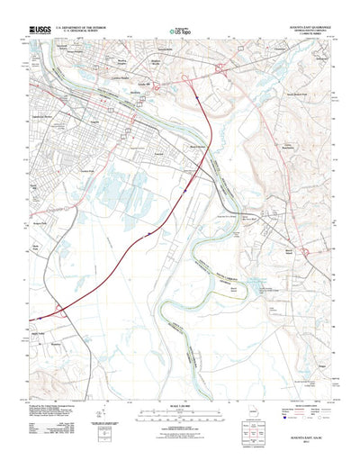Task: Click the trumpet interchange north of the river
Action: click(190, 80)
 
